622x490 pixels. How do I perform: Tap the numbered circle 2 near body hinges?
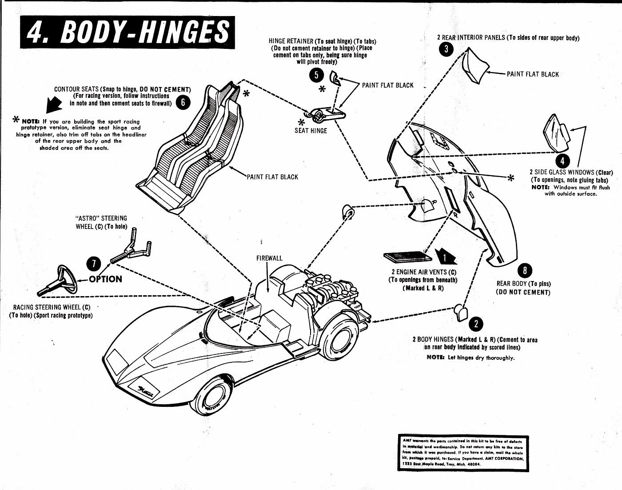pyautogui.click(x=476, y=324)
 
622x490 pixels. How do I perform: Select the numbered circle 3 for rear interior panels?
pyautogui.click(x=446, y=49)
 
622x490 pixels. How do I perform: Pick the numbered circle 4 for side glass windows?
pyautogui.click(x=562, y=161)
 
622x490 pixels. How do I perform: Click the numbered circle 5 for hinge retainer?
pyautogui.click(x=316, y=75)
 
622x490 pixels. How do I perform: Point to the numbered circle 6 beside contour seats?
pyautogui.click(x=183, y=103)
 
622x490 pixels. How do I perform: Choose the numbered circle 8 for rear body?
pyautogui.click(x=525, y=269)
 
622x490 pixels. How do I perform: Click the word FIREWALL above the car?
pyautogui.click(x=269, y=258)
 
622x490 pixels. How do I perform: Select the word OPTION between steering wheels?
pyautogui.click(x=105, y=279)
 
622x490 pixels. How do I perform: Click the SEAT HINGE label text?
pyautogui.click(x=311, y=131)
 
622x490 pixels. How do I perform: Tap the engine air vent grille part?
pyautogui.click(x=407, y=257)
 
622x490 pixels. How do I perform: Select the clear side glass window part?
pyautogui.click(x=556, y=133)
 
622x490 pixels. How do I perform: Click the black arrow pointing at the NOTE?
pyautogui.click(x=54, y=106)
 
